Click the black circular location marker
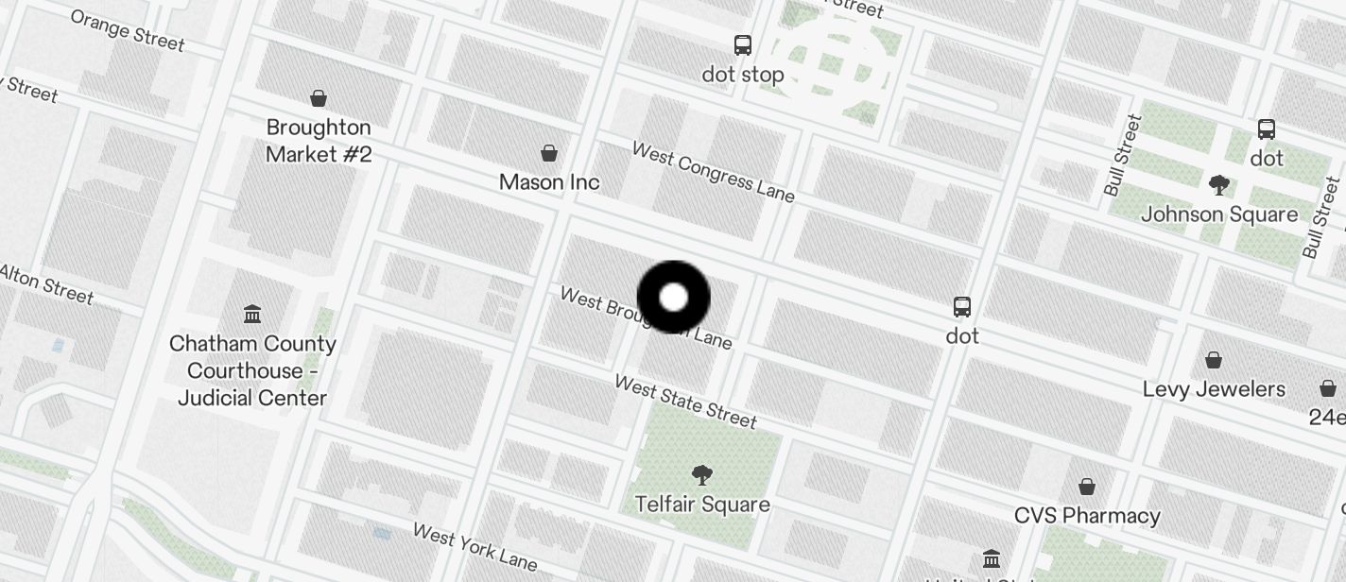click(x=673, y=298)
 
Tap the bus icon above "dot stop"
click(x=743, y=44)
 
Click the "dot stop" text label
click(x=743, y=74)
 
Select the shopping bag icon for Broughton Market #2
click(x=319, y=98)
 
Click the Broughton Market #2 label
click(x=319, y=141)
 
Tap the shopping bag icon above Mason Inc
click(x=548, y=153)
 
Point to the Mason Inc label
click(x=549, y=181)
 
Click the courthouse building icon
click(x=252, y=314)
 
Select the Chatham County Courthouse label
click(x=252, y=370)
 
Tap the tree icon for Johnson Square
click(x=1218, y=185)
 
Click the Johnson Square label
click(x=1219, y=214)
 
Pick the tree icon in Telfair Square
click(x=701, y=474)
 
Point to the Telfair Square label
click(x=702, y=505)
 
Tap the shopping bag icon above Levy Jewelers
click(x=1214, y=360)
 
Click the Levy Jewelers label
click(x=1214, y=389)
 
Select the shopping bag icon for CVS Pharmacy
click(x=1087, y=487)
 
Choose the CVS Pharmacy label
click(x=1087, y=516)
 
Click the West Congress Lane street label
click(x=714, y=172)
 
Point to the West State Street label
click(x=685, y=401)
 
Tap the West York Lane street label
click(x=475, y=546)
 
